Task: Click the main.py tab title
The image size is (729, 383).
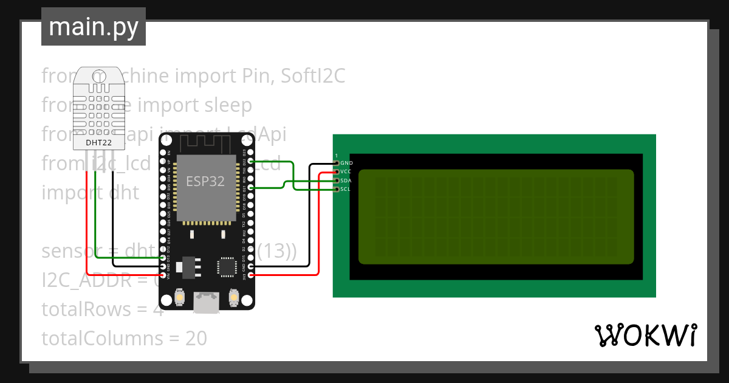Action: (94, 27)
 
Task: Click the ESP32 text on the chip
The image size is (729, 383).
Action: (206, 181)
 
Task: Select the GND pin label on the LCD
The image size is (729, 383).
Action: (347, 163)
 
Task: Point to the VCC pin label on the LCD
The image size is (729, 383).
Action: (346, 172)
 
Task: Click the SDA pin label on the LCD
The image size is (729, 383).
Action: (346, 181)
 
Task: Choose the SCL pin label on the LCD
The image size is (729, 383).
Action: (346, 189)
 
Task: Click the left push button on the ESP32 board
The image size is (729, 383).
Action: (180, 297)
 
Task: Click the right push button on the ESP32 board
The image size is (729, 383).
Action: (233, 297)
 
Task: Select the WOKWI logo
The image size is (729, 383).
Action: (645, 336)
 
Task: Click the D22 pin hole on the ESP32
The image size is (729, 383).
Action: (252, 162)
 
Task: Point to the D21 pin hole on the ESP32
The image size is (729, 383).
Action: (252, 188)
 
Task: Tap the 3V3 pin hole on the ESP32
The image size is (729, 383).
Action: (252, 275)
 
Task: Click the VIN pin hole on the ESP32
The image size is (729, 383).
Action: (162, 275)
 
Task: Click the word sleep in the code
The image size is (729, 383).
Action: (228, 105)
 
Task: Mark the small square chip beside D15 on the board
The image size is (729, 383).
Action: (227, 266)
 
